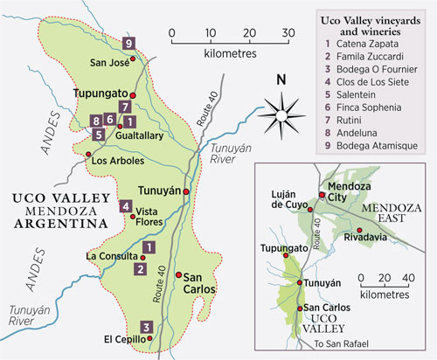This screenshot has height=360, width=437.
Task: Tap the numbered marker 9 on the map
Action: coord(128,44)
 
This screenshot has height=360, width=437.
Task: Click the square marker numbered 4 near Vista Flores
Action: coord(126,207)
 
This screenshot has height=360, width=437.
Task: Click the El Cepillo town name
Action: coord(126,339)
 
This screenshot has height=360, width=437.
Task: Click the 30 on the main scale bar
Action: coord(288,33)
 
